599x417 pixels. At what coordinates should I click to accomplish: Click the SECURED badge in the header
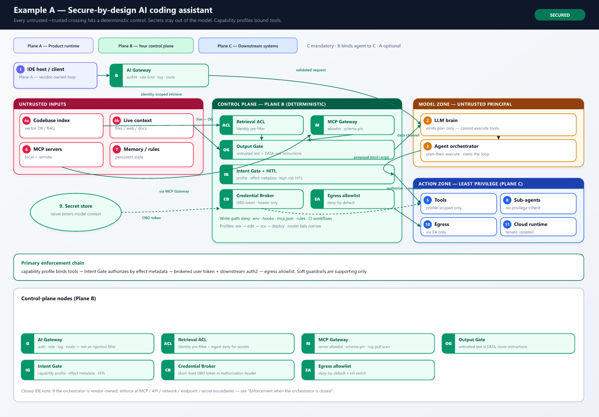pyautogui.click(x=559, y=15)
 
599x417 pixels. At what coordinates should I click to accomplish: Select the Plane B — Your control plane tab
pyautogui.click(x=146, y=46)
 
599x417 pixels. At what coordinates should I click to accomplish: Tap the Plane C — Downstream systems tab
pyautogui.click(x=247, y=46)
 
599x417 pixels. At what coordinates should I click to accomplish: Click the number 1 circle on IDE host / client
pyautogui.click(x=20, y=69)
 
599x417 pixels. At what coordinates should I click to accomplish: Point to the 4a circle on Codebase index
pyautogui.click(x=27, y=121)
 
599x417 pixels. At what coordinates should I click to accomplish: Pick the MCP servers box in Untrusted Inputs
pyautogui.click(x=61, y=155)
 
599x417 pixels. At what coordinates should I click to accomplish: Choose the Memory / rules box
pyautogui.click(x=151, y=155)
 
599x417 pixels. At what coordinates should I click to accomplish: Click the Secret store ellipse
pyautogui.click(x=76, y=212)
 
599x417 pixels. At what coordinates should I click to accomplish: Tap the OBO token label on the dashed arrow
pyautogui.click(x=151, y=218)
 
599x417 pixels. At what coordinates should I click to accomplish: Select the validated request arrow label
pyautogui.click(x=310, y=70)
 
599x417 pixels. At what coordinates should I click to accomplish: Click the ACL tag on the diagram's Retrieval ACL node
pyautogui.click(x=226, y=125)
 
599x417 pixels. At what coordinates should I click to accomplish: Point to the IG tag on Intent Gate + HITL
pyautogui.click(x=226, y=174)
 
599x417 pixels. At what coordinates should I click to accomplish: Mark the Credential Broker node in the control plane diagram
pyautogui.click(x=261, y=199)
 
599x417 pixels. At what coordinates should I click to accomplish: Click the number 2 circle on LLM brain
pyautogui.click(x=427, y=121)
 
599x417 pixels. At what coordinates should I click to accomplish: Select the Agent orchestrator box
pyautogui.click(x=498, y=150)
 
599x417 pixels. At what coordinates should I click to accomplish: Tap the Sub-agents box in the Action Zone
pyautogui.click(x=538, y=203)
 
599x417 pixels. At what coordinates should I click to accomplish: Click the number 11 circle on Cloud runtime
pyautogui.click(x=507, y=224)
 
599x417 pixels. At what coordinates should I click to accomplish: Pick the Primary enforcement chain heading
pyautogui.click(x=53, y=263)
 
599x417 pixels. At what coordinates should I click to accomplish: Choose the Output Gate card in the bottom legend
pyautogui.click(x=508, y=344)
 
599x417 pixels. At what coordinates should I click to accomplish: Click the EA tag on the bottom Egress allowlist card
pyautogui.click(x=308, y=370)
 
